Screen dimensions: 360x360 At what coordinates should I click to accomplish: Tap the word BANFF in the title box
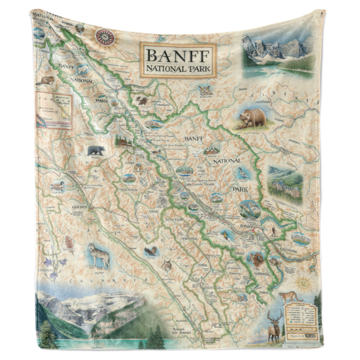178,55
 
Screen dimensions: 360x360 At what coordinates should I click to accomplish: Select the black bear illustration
96,150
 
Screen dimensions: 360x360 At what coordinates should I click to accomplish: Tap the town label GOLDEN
80,208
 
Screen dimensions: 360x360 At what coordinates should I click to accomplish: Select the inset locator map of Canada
54,110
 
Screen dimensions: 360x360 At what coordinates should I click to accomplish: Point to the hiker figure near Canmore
274,231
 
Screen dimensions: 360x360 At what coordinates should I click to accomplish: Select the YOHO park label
129,162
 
